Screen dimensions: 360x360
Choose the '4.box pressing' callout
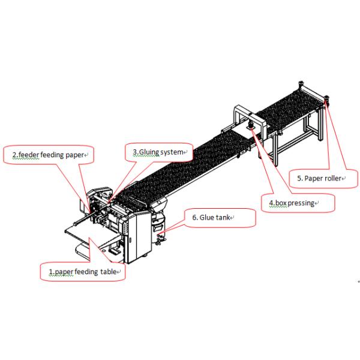(x=295, y=203)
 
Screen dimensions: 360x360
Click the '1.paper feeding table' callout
(x=83, y=272)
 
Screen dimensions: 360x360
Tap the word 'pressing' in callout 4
(x=302, y=203)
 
